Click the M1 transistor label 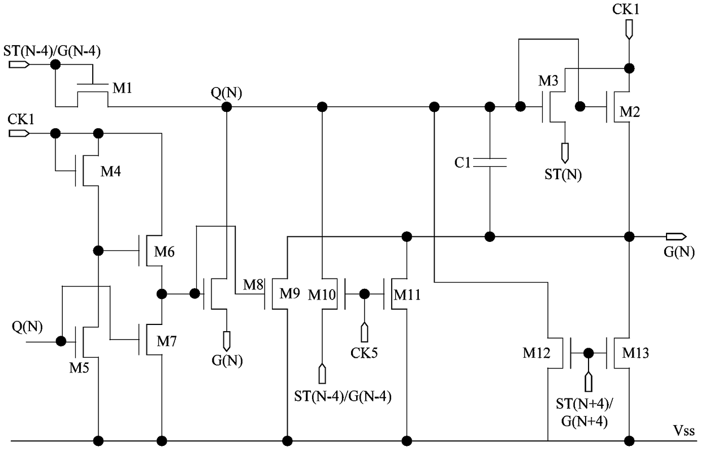(122, 88)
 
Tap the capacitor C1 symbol (490, 163)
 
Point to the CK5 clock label (364, 353)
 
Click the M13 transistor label (635, 353)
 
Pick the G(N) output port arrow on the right (676, 236)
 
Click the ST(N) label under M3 (563, 174)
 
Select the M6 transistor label (164, 251)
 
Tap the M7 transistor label (166, 341)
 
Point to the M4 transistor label (110, 171)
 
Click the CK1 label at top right (626, 10)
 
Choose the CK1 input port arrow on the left (19, 133)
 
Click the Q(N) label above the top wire (226, 93)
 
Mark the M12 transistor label (536, 353)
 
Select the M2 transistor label (630, 112)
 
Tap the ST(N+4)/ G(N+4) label (585, 413)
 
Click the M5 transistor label (79, 368)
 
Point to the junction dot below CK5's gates (364, 294)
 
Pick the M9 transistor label (289, 293)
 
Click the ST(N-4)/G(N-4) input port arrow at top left (19, 64)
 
